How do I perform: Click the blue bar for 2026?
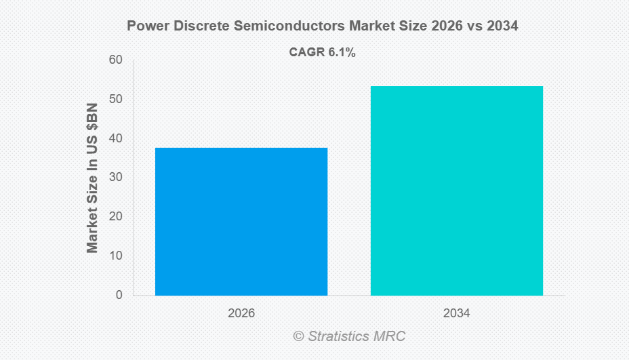pos(241,222)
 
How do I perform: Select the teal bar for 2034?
pos(456,191)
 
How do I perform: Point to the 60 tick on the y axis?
pos(115,60)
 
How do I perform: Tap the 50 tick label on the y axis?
pos(115,100)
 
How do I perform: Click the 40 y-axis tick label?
pos(115,138)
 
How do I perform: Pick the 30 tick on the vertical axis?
pos(115,178)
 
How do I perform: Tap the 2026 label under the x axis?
pos(241,314)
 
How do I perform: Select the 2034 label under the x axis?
pos(456,314)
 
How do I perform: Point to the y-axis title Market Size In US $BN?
pos(93,178)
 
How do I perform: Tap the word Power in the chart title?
pos(146,27)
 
